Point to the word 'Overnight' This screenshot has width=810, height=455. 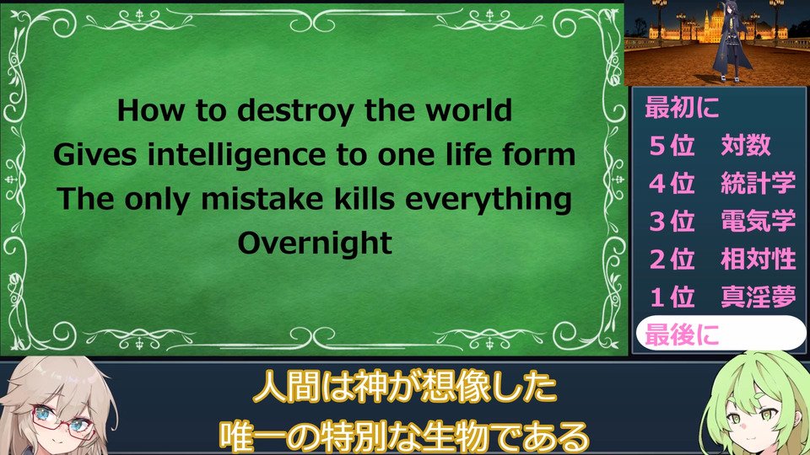click(x=315, y=243)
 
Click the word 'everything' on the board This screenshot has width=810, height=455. click(x=489, y=200)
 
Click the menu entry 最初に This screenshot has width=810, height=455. click(x=682, y=108)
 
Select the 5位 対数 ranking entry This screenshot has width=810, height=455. click(x=710, y=145)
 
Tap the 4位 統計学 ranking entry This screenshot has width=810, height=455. click(x=722, y=183)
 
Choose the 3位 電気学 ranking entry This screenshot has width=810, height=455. click(x=722, y=222)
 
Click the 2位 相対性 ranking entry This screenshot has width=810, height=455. click(x=722, y=259)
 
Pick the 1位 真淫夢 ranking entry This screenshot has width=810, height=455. click(x=722, y=297)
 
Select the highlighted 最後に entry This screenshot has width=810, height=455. click(x=720, y=334)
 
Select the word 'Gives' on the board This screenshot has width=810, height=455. click(x=95, y=155)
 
